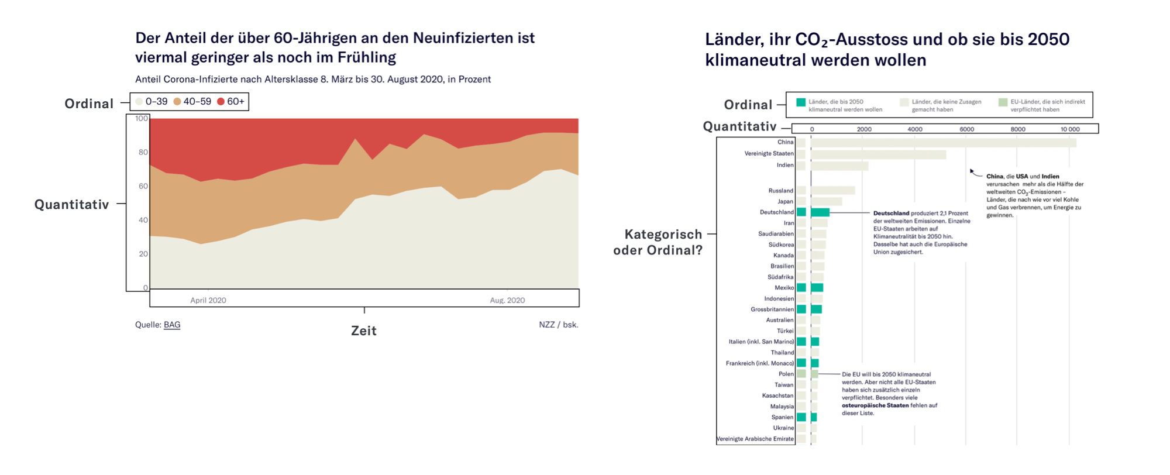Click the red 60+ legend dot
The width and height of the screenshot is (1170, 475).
(x=221, y=102)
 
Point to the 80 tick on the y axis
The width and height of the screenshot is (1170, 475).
(x=143, y=152)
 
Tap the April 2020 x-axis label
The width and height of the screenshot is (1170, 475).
(x=208, y=300)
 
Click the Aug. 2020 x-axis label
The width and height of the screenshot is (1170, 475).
(x=507, y=300)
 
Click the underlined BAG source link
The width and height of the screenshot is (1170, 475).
(x=172, y=325)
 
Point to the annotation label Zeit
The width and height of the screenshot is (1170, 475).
(x=363, y=331)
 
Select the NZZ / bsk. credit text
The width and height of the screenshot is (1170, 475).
(x=558, y=325)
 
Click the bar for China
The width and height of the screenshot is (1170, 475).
(x=943, y=142)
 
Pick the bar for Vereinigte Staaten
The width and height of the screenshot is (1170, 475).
(x=878, y=154)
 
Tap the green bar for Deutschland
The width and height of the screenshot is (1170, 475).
(x=820, y=212)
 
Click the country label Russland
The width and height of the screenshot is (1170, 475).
(x=781, y=191)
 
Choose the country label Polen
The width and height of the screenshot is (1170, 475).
(x=786, y=374)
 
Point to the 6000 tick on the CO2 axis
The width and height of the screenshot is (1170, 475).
(x=966, y=129)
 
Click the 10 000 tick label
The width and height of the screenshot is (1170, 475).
(x=1070, y=129)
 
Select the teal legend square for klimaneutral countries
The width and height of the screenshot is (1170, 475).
(x=801, y=102)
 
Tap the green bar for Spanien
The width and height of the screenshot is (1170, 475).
(x=814, y=417)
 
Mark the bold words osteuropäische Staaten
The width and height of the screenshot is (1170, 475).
(x=875, y=405)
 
